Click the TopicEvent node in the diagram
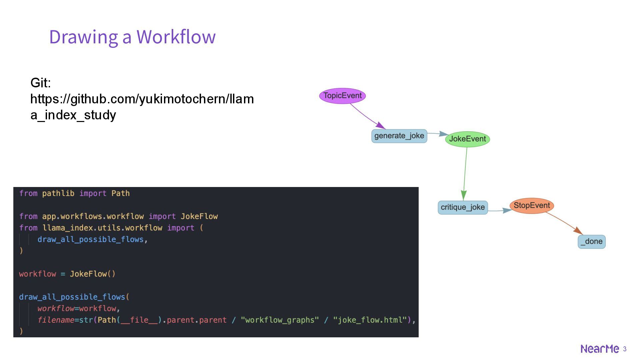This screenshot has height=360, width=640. coord(342,96)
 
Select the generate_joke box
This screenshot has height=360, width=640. coord(399,136)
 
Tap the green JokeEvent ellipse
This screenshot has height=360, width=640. coord(467,139)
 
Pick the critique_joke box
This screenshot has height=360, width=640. coord(463,207)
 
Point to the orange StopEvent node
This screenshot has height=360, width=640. coord(532,206)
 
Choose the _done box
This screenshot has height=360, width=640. coord(591,242)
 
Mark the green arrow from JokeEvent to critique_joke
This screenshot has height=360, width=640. coord(465,173)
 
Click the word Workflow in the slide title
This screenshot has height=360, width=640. coord(176,37)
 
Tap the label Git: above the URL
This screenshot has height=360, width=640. coord(41,83)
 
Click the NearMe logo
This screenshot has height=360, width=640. coord(600,349)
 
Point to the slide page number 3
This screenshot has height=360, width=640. coord(625,349)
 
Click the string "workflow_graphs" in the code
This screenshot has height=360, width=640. coord(280,320)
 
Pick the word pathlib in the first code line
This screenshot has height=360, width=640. coord(58,193)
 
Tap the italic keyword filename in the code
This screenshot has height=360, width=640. coord(56,320)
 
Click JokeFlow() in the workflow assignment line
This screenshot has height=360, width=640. coord(92,274)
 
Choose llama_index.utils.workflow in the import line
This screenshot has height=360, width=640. coord(102,228)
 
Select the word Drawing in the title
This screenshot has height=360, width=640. coord(83,37)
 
